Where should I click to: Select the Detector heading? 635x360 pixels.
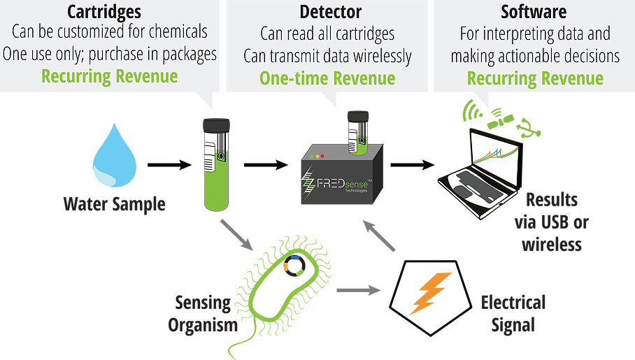[331, 12]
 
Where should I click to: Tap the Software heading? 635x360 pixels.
[534, 12]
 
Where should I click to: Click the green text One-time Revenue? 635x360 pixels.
[327, 78]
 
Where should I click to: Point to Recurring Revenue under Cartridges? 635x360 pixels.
[109, 77]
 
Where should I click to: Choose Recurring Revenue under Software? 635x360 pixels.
[535, 78]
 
